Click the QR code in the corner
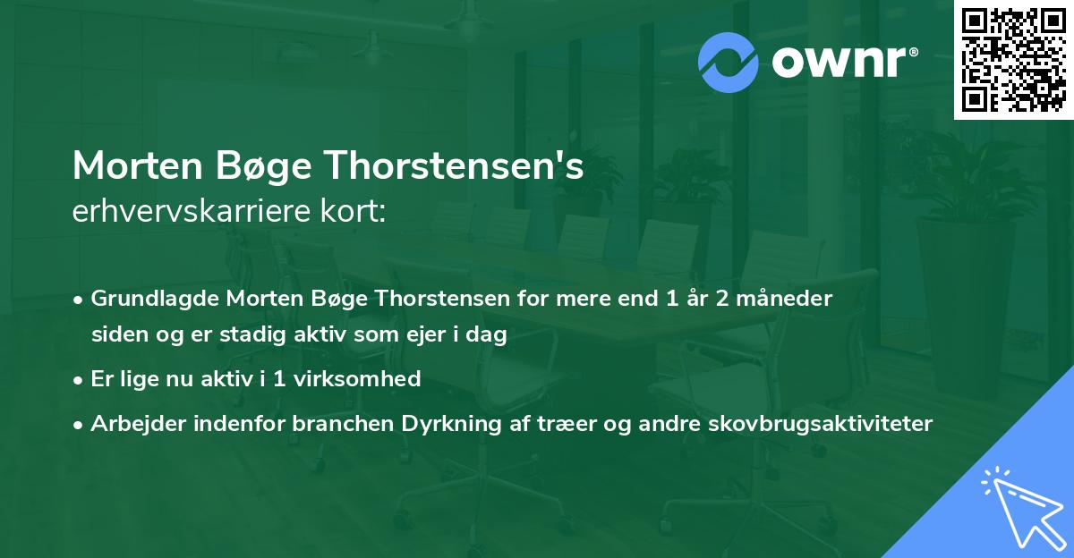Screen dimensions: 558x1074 tap(1014, 60)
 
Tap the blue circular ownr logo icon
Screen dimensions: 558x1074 tap(729, 63)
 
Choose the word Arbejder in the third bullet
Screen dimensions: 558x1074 tap(135, 424)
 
